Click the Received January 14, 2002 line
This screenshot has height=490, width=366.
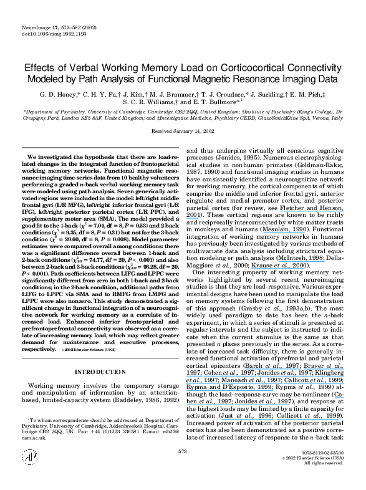tap(183, 132)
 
